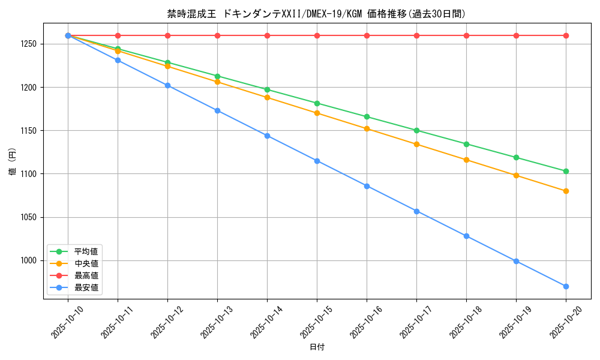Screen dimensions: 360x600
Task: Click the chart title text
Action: point(316,14)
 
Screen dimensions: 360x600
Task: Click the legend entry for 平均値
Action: point(86,251)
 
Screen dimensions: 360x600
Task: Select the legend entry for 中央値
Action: point(86,263)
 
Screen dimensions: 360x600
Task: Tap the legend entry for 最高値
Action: point(86,275)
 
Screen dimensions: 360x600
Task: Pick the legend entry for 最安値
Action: point(86,288)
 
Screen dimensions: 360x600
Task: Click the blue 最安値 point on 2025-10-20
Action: point(566,286)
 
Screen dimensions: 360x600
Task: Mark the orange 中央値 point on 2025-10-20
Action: point(566,191)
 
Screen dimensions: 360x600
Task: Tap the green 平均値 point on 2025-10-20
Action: point(566,171)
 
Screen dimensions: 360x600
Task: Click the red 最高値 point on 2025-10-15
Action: point(317,35)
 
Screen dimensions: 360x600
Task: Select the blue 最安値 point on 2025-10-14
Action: point(267,136)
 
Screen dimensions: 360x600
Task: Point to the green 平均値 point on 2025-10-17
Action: point(416,130)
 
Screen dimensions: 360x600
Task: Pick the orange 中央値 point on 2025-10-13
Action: point(217,82)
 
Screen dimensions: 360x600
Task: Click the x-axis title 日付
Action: point(317,347)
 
